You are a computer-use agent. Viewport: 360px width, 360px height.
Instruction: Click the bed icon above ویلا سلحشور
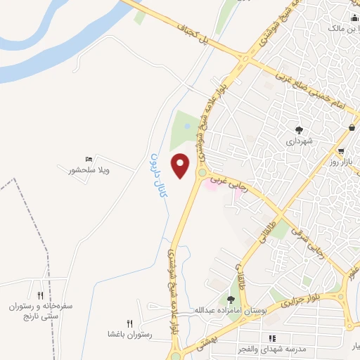[x=88, y=160]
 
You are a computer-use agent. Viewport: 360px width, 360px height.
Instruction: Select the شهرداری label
[x=298, y=141]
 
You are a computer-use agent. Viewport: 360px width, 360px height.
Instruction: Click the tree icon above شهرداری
[x=299, y=129]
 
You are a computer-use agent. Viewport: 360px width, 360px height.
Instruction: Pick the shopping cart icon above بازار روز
[x=340, y=151]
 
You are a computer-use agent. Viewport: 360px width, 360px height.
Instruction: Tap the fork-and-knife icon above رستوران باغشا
[x=129, y=323]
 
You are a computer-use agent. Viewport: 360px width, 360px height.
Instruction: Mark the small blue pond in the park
[x=186, y=126]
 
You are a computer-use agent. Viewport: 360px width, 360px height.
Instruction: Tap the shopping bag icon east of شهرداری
[x=352, y=127]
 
